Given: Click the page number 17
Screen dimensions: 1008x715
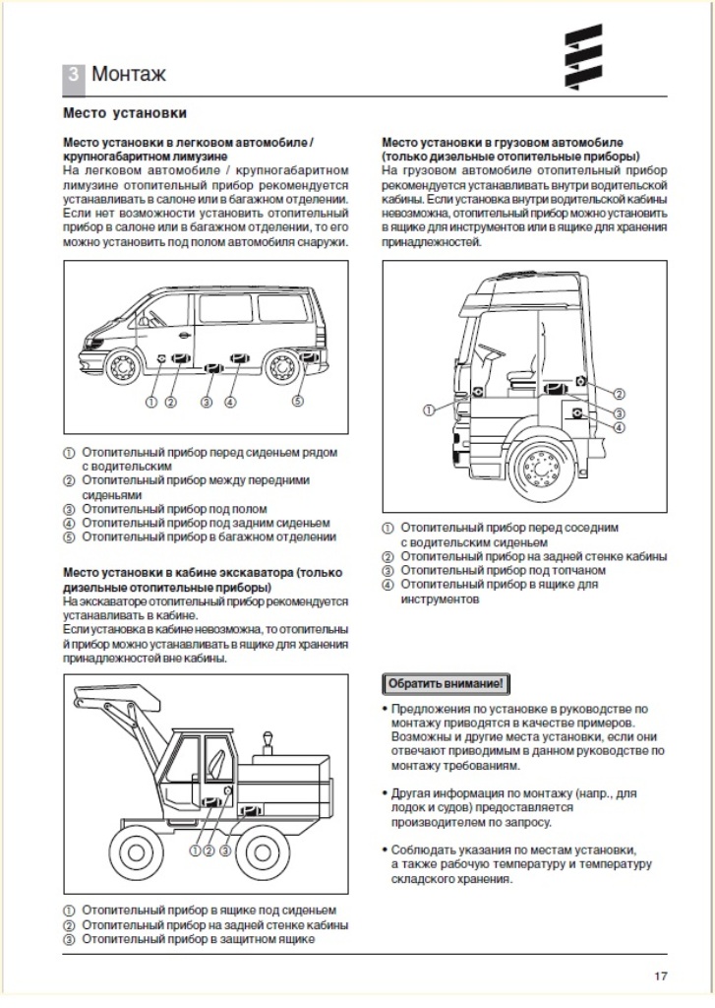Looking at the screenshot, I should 660,976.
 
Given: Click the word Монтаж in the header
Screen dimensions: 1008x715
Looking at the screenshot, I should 128,75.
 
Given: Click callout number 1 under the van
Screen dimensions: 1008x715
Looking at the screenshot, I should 151,402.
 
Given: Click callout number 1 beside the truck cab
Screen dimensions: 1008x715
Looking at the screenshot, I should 429,409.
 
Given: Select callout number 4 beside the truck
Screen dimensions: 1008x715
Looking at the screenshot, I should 620,427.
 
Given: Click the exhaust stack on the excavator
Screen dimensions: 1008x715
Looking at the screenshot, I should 267,744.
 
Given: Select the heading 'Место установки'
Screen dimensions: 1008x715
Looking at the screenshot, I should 125,114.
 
